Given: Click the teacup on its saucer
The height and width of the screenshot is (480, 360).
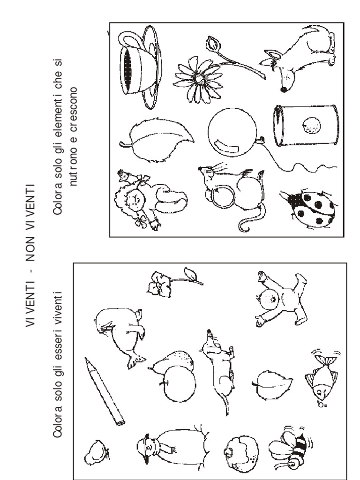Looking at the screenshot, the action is coord(140,68).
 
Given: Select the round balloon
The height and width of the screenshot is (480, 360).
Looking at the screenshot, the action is coord(232,132).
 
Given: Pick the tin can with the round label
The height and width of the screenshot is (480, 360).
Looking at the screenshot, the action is coord(306,126).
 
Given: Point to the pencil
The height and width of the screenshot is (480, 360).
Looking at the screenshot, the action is coord(104,391).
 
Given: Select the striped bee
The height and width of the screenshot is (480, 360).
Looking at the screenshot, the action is coord(291,449).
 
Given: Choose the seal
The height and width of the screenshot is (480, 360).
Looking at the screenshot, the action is coord(120,334).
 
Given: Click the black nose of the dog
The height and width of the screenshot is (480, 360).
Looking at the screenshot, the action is coord(284,90).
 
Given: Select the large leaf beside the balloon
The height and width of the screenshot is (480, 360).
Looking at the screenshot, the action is coord(157,140).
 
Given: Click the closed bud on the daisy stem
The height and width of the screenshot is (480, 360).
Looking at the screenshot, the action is coord(213,44).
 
